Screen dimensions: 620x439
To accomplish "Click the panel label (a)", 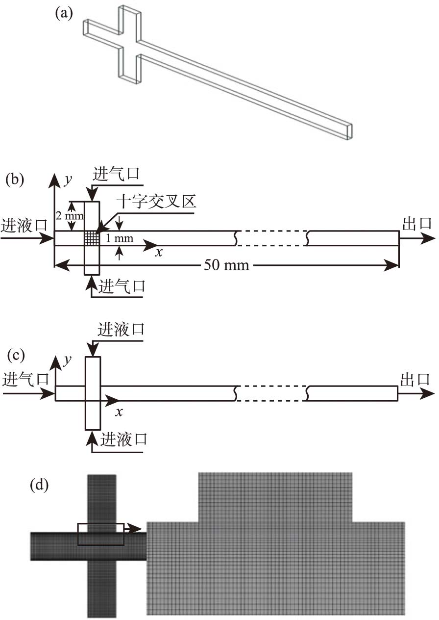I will pos(64,13).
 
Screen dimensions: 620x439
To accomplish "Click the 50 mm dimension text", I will pos(227,266).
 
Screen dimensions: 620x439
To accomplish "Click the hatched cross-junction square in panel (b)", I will pos(92,238).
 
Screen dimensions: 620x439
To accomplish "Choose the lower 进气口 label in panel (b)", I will pos(122,285).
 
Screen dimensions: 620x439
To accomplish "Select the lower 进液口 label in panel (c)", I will pos(123,439).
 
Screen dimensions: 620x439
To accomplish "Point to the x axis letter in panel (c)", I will pos(119,412).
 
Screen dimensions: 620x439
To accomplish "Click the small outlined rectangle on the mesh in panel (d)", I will pos(101,534).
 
